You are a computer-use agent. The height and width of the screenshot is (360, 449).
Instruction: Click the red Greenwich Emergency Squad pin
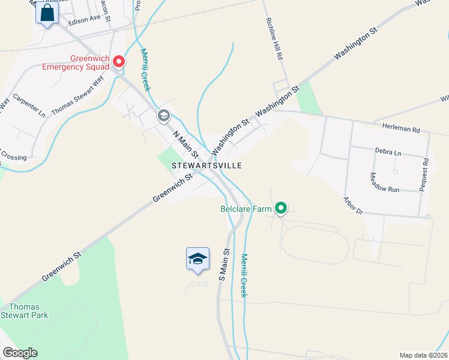(119, 61)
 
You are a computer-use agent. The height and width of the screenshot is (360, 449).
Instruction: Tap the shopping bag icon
(47, 13)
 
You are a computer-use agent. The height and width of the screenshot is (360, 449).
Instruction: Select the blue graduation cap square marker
(198, 259)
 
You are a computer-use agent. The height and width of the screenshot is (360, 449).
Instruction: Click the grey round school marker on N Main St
(163, 116)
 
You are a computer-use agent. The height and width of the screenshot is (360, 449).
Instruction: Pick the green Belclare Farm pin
(280, 209)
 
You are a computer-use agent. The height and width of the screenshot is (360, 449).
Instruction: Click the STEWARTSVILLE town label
(206, 164)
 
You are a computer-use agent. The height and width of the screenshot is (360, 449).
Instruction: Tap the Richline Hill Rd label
(274, 38)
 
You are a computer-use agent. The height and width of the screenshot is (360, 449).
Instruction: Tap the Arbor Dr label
(354, 205)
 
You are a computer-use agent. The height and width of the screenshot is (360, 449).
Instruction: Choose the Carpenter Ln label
(29, 104)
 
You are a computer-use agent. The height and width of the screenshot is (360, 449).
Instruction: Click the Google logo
(20, 353)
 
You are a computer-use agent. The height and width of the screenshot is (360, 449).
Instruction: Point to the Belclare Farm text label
(246, 209)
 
